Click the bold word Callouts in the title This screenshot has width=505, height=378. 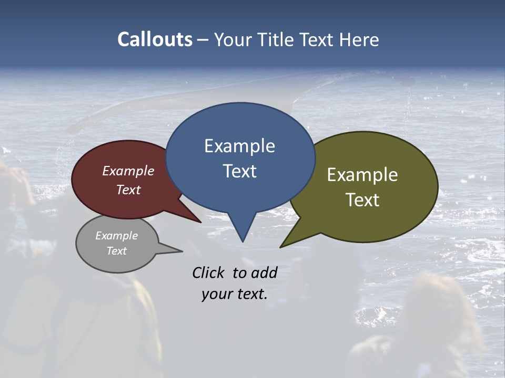pyautogui.click(x=155, y=39)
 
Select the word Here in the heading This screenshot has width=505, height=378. pyautogui.click(x=359, y=40)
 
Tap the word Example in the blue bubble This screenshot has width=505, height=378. pyautogui.click(x=239, y=146)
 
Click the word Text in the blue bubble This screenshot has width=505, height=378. pyautogui.click(x=239, y=171)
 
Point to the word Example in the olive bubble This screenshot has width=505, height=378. pyautogui.click(x=362, y=175)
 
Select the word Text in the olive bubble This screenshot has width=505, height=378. pyautogui.click(x=362, y=200)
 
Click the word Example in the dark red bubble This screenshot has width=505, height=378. pyautogui.click(x=128, y=171)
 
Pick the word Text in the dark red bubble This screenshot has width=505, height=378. pyautogui.click(x=128, y=190)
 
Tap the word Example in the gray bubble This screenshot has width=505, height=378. pyautogui.click(x=117, y=236)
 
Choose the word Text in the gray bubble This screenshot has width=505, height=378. pyautogui.click(x=117, y=251)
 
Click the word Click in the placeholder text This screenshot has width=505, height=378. pyautogui.click(x=209, y=272)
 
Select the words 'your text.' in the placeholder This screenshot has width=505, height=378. pyautogui.click(x=235, y=294)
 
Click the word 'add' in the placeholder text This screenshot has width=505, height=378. pyautogui.click(x=264, y=272)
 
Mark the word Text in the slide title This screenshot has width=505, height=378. pyautogui.click(x=318, y=40)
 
